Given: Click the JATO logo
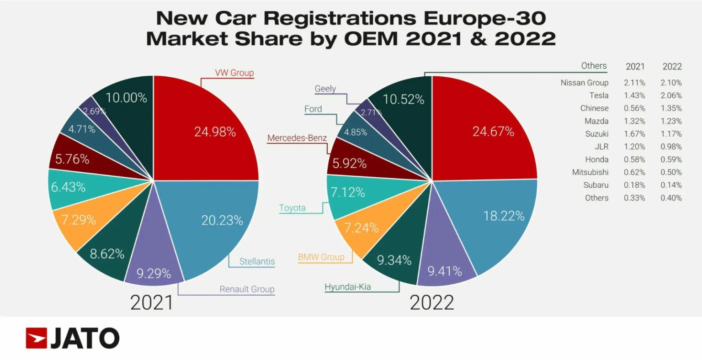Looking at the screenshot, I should (72, 339).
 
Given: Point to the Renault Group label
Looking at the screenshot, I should (247, 289).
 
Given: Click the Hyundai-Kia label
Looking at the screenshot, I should (347, 287).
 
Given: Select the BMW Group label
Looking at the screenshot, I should (321, 257).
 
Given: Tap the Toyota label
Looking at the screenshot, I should (292, 208).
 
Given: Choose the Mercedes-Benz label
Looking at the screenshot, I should (297, 138).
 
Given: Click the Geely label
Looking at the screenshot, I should (325, 89).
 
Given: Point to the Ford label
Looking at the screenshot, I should (313, 109).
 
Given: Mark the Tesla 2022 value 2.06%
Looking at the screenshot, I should (672, 95).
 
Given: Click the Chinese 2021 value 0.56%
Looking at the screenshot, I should (634, 108).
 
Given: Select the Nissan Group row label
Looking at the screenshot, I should (584, 83).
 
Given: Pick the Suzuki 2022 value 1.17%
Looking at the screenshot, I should (672, 134).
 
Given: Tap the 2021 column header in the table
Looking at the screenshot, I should (635, 67).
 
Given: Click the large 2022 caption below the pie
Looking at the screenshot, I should (432, 302).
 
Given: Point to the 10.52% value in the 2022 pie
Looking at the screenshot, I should (404, 99).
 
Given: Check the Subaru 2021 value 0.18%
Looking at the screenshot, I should (634, 185).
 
